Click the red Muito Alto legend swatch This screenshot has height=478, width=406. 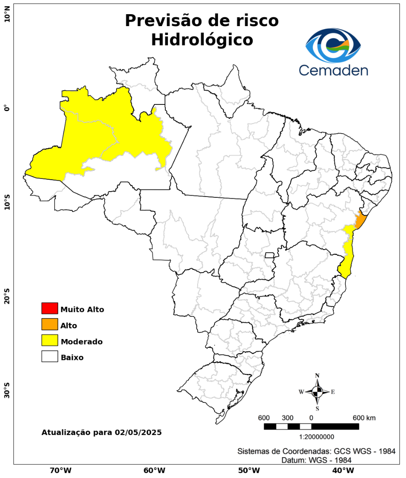tap(50, 308)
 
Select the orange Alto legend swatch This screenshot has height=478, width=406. tap(50, 324)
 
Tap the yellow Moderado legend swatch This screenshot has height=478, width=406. tap(50, 340)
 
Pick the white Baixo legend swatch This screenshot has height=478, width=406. tap(50, 356)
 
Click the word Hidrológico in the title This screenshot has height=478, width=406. tap(202, 40)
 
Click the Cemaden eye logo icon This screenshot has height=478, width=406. tap(333, 46)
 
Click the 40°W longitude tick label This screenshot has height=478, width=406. tap(342, 470)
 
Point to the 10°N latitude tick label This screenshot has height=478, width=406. tap(7, 17)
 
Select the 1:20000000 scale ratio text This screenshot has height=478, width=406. tap(317, 437)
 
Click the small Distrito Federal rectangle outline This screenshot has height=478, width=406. tap(269, 255)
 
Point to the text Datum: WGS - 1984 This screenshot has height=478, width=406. tap(316, 460)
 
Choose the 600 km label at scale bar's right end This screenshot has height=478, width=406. tap(364, 418)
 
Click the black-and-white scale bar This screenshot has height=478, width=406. tap(311, 426)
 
